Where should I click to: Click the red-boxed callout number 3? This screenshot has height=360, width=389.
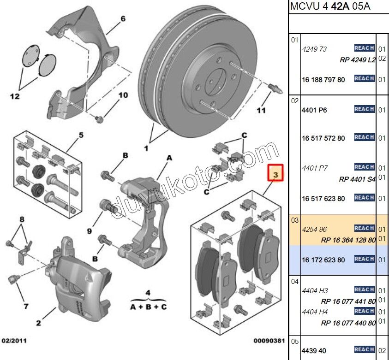[x=275, y=175]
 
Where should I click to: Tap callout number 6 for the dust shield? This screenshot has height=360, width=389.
[x=123, y=19]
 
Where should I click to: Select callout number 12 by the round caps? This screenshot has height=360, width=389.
[x=15, y=96]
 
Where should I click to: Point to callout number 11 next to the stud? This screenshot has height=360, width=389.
[x=261, y=111]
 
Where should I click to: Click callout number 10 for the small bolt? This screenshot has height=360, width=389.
[x=123, y=95]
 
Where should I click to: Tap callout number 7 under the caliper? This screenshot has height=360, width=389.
[x=26, y=306]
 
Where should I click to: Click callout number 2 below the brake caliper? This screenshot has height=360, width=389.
[x=39, y=323]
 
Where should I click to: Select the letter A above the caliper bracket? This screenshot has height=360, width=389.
[x=169, y=158]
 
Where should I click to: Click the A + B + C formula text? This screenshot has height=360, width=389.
[x=148, y=307]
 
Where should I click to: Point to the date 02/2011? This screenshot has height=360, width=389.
[x=14, y=341]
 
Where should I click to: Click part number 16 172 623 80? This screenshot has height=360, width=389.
[x=323, y=260]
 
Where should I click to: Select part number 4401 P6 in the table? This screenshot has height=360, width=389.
[x=314, y=110]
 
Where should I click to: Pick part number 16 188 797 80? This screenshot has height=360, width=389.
[x=323, y=80]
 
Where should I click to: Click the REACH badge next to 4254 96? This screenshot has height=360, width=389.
[x=364, y=228]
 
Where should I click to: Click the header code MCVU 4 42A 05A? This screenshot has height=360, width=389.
[x=330, y=7]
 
